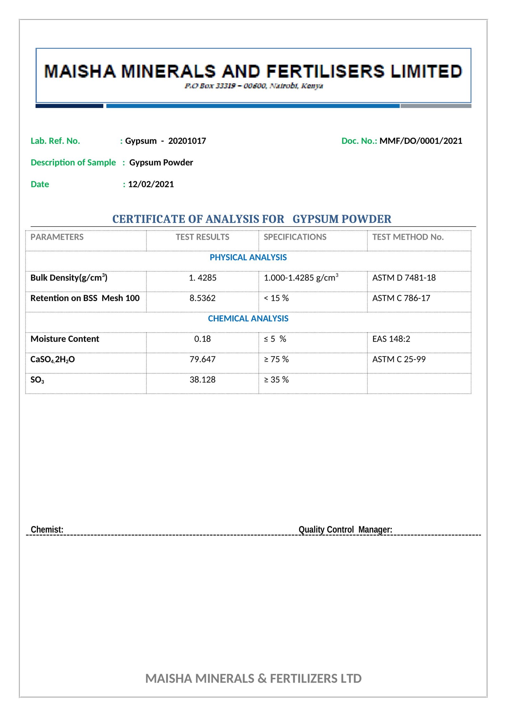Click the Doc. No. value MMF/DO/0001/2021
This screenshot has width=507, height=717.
click(420, 141)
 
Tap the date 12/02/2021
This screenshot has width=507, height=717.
click(151, 184)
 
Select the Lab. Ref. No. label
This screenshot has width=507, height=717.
click(55, 141)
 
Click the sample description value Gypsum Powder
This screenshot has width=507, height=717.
click(161, 163)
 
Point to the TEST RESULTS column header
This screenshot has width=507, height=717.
click(202, 237)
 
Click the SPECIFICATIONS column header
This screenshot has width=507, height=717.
click(295, 237)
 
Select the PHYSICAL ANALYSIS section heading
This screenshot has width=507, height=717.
click(248, 257)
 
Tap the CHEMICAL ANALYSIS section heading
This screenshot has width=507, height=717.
click(248, 318)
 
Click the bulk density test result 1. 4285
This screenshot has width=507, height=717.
click(202, 278)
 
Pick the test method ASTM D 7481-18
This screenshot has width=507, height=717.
click(404, 278)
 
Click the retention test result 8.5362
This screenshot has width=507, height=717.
click(202, 298)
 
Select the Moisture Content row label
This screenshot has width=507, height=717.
click(65, 339)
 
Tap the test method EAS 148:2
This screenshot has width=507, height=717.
click(391, 339)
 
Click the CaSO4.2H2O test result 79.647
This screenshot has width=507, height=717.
click(202, 359)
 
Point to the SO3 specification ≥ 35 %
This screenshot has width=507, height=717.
click(276, 380)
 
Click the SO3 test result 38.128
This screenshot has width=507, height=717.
click(202, 380)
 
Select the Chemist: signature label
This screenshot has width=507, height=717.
click(47, 530)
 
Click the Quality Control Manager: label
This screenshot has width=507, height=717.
click(345, 530)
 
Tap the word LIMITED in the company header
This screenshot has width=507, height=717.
click(426, 71)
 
